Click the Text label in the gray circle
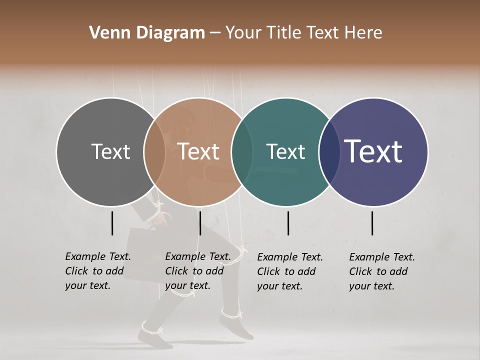pyautogui.click(x=110, y=151)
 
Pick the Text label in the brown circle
pyautogui.click(x=198, y=151)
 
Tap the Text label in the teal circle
pyautogui.click(x=285, y=151)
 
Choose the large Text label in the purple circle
pyautogui.click(x=373, y=151)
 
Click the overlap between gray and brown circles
pyautogui.click(x=154, y=151)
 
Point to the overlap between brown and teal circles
pyautogui.click(x=242, y=151)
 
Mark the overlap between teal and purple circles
pyautogui.click(x=329, y=151)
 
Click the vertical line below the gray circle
pyautogui.click(x=112, y=223)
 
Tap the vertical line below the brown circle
pyautogui.click(x=200, y=223)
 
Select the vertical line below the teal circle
pyautogui.click(x=288, y=223)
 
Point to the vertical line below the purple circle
pyautogui.click(x=372, y=223)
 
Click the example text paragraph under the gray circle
pyautogui.click(x=98, y=271)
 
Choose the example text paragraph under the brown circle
pyautogui.click(x=198, y=271)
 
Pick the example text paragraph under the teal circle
pyautogui.click(x=290, y=271)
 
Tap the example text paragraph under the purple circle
pyautogui.click(x=382, y=271)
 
